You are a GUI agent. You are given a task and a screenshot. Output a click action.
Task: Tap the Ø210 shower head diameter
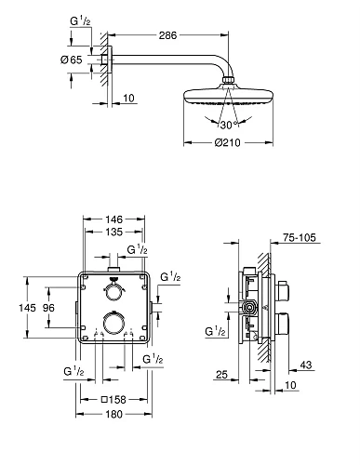coord(226,143)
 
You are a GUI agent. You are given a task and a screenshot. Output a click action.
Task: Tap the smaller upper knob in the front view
coord(114,291)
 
